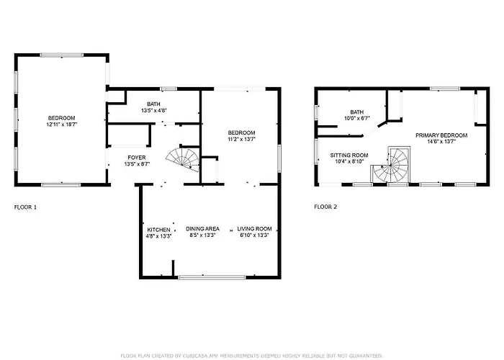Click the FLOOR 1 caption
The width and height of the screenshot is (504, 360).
point(25,207)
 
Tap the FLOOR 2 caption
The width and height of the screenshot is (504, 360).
point(325,207)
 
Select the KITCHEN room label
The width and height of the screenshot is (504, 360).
point(159,230)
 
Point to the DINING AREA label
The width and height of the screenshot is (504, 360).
point(202,229)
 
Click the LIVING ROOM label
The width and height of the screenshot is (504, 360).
point(254,229)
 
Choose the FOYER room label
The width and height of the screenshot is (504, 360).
point(137,158)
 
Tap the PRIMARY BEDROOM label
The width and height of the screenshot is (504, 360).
point(441,135)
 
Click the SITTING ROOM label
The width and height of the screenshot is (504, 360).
point(349,156)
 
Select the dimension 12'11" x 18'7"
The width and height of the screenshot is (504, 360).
point(62,125)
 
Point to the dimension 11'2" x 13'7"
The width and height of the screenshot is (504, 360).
point(241,139)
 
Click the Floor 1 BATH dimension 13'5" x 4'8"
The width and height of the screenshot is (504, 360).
point(153,111)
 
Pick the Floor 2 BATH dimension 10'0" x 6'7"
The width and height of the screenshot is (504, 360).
point(357,118)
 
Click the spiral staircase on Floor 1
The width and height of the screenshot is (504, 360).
point(184,159)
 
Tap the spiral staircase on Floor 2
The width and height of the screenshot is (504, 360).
point(391,166)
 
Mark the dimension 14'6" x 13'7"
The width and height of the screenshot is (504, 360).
point(441,141)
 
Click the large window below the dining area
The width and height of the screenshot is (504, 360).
point(212,277)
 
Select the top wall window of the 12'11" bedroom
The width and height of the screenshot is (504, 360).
point(62,55)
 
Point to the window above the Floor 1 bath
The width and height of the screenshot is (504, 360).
point(168,89)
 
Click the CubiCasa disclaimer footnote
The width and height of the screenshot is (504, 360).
point(252,356)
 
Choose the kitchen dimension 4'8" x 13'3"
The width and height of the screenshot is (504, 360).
point(159,236)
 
